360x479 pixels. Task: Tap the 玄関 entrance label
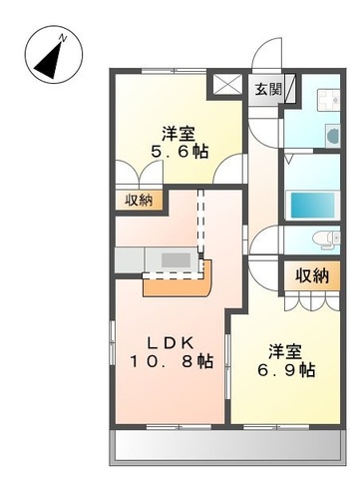[x=266, y=88]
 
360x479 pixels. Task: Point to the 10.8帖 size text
[x=171, y=361]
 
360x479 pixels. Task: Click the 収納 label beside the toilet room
[x=310, y=275]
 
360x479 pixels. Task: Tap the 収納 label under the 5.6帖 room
[x=139, y=200]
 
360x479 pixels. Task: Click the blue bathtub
[x=313, y=203]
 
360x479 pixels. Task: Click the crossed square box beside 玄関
[x=227, y=87]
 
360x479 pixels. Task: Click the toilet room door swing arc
[x=265, y=242]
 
